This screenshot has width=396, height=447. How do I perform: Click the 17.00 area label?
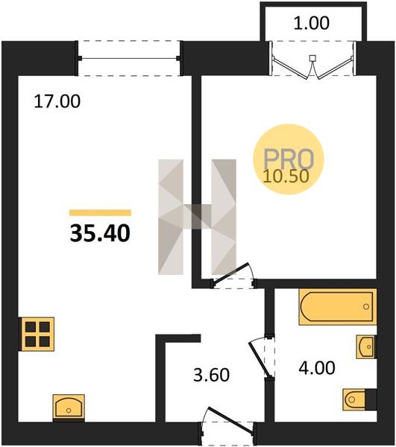pos(57,101)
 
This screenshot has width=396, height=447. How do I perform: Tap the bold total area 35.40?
pos(100,233)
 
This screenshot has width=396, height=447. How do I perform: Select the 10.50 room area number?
pos(286,176)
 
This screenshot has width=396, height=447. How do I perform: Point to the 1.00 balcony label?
pos(311,23)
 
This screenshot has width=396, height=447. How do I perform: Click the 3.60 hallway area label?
pos(211,375)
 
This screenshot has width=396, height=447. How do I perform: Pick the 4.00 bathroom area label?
pos(317,367)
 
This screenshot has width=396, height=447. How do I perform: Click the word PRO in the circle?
pos(289,159)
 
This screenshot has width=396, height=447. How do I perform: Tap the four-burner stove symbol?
pos(37,334)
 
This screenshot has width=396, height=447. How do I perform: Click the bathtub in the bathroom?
pos(338,307)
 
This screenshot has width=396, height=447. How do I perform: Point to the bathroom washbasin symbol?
pos(366,346)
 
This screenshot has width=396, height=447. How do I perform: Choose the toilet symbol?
pos(359,399)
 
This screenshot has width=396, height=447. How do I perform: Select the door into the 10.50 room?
pos(232,273)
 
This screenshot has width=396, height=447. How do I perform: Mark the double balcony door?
pos(313,67)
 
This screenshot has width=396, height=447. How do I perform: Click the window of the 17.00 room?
pos(129,58)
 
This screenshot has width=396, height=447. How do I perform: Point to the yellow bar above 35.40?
pos(100,212)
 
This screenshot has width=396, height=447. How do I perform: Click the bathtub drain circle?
pos(366,307)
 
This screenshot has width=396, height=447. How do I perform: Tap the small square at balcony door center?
pos(313,58)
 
